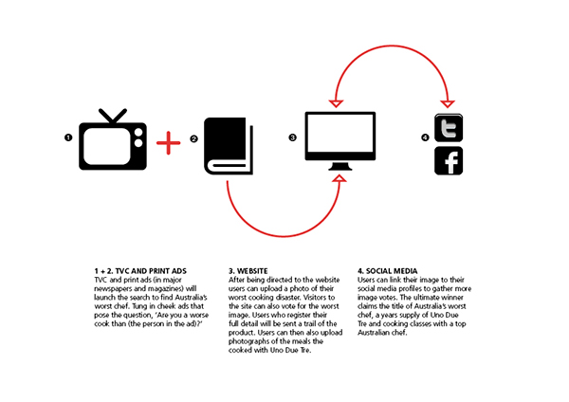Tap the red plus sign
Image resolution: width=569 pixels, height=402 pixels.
tap(169, 143)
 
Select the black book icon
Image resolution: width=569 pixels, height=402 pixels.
tap(229, 146)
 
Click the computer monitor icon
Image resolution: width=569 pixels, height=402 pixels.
tap(340, 140)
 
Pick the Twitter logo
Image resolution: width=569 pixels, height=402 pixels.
tap(449, 128)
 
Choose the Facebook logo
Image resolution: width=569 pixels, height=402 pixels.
tap(449, 161)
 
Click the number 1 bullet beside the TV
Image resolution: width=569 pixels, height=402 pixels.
tap(68, 137)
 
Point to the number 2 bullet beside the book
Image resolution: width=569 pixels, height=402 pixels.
tap(194, 138)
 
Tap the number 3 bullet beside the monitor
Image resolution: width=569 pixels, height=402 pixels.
tap(292, 137)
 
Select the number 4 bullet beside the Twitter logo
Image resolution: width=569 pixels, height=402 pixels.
tap(425, 137)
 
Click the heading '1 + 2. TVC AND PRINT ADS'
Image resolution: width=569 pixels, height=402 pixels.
tap(140, 271)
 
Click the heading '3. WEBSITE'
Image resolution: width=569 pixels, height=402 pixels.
tap(248, 271)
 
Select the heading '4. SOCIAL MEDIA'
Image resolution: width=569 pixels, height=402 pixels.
tap(388, 271)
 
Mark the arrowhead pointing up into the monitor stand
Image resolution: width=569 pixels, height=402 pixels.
tap(340, 178)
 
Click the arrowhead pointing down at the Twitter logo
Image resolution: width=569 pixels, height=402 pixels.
tap(448, 103)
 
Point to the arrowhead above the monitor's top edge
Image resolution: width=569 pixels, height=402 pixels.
tap(336, 103)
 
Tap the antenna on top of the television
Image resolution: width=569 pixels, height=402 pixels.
tap(113, 117)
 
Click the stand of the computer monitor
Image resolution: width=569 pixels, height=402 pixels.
tap(340, 167)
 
